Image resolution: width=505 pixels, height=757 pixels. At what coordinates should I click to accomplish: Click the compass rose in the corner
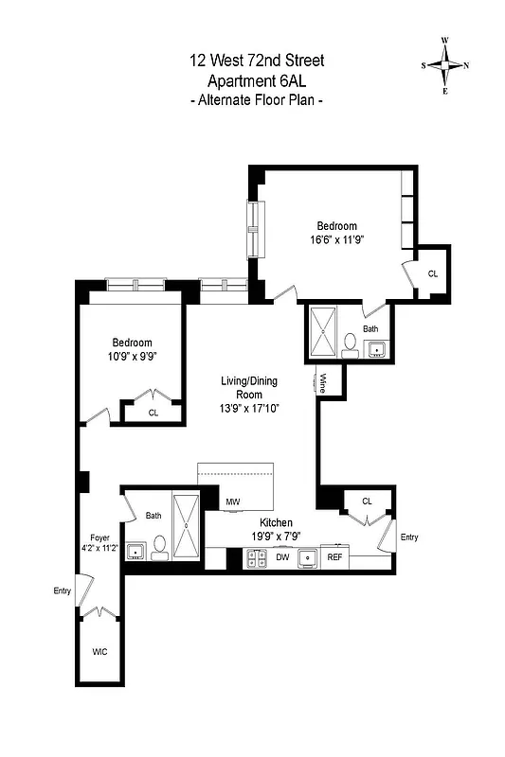click(446, 65)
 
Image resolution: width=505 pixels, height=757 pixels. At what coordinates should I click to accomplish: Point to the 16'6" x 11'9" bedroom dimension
click(336, 239)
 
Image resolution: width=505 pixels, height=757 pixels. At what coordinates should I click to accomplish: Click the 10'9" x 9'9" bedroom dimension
click(132, 357)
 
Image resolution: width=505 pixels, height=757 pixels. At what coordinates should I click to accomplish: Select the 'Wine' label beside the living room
click(322, 383)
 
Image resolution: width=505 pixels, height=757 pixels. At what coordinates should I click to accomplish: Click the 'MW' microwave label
click(232, 502)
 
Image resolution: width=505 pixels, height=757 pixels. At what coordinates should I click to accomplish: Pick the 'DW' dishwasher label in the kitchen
click(281, 558)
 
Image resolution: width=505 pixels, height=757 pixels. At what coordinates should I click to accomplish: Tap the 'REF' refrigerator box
click(334, 558)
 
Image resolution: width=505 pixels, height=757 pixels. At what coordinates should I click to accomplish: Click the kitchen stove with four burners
click(256, 559)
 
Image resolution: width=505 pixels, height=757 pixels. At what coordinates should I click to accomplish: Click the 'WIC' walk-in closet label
click(99, 653)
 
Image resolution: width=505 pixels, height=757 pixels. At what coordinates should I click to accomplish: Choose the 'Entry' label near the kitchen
click(408, 537)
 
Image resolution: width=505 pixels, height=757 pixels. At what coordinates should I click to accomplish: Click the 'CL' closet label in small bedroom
click(153, 413)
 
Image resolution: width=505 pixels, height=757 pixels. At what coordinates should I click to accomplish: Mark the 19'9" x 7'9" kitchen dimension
click(277, 536)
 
